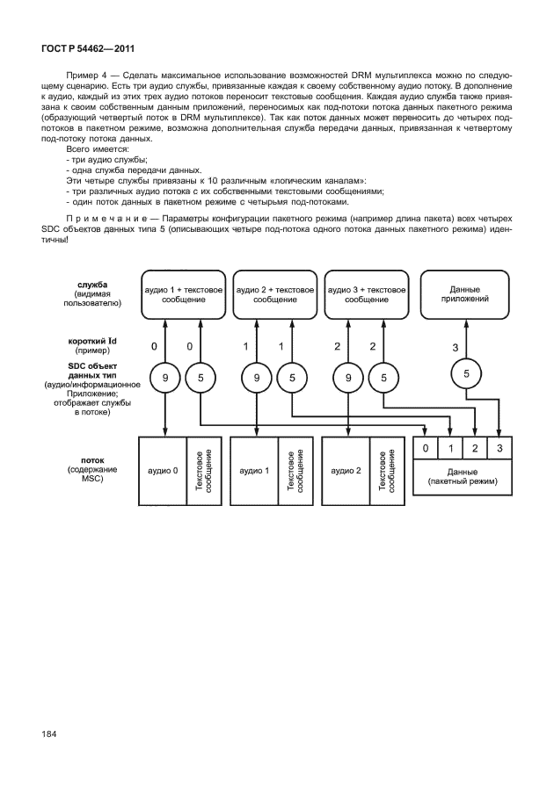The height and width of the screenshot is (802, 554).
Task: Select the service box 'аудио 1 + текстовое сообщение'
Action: coord(184,294)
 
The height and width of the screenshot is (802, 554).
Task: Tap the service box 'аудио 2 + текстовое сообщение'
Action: coord(274,294)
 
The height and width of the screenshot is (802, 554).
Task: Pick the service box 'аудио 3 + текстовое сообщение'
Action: coord(366,294)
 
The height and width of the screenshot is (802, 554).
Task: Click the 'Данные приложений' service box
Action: coord(464,293)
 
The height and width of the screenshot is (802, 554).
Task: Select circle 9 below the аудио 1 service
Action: coord(165,379)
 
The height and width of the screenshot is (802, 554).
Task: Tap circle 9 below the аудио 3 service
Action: coord(348,379)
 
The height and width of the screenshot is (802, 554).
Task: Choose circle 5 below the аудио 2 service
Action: coord(292,379)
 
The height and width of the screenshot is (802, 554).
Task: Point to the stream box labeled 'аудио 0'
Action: coord(164,471)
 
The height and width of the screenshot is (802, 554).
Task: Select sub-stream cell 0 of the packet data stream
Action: coord(426,450)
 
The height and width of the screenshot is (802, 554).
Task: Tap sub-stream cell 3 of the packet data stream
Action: coord(499,450)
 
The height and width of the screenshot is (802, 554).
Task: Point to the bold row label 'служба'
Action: coord(91,285)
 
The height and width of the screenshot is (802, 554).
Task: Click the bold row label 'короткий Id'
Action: coord(91,341)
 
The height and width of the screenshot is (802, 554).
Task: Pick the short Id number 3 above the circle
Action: coord(456,348)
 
